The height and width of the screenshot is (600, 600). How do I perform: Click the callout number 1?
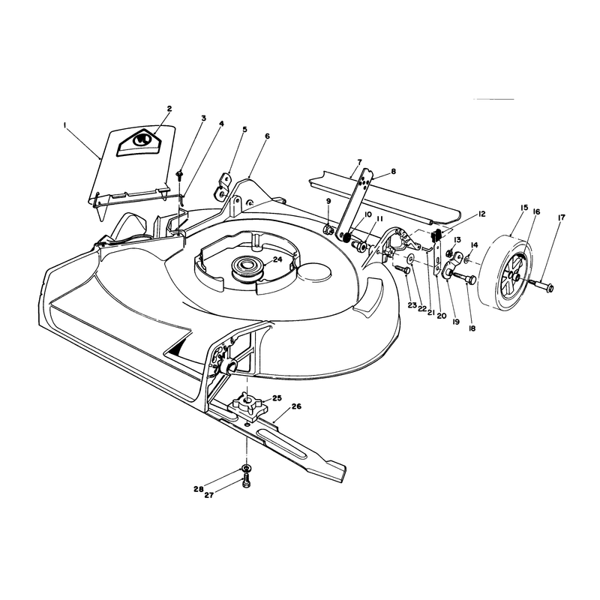(x=65, y=124)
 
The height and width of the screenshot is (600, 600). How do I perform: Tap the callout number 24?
(x=277, y=259)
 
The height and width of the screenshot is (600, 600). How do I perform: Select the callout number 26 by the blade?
(x=296, y=406)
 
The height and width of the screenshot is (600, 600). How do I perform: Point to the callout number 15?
(x=523, y=208)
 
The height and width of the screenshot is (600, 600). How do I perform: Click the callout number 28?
(x=198, y=489)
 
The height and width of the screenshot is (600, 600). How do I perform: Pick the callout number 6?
(x=267, y=136)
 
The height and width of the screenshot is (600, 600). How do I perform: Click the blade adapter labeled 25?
(x=246, y=406)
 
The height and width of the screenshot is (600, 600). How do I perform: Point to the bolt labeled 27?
(x=247, y=480)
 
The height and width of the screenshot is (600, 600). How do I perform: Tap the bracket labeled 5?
(x=222, y=186)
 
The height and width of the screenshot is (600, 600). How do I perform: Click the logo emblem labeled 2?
(x=139, y=141)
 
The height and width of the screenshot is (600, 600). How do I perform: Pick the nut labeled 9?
(x=328, y=229)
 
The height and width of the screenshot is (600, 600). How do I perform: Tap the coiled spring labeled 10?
(x=346, y=237)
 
